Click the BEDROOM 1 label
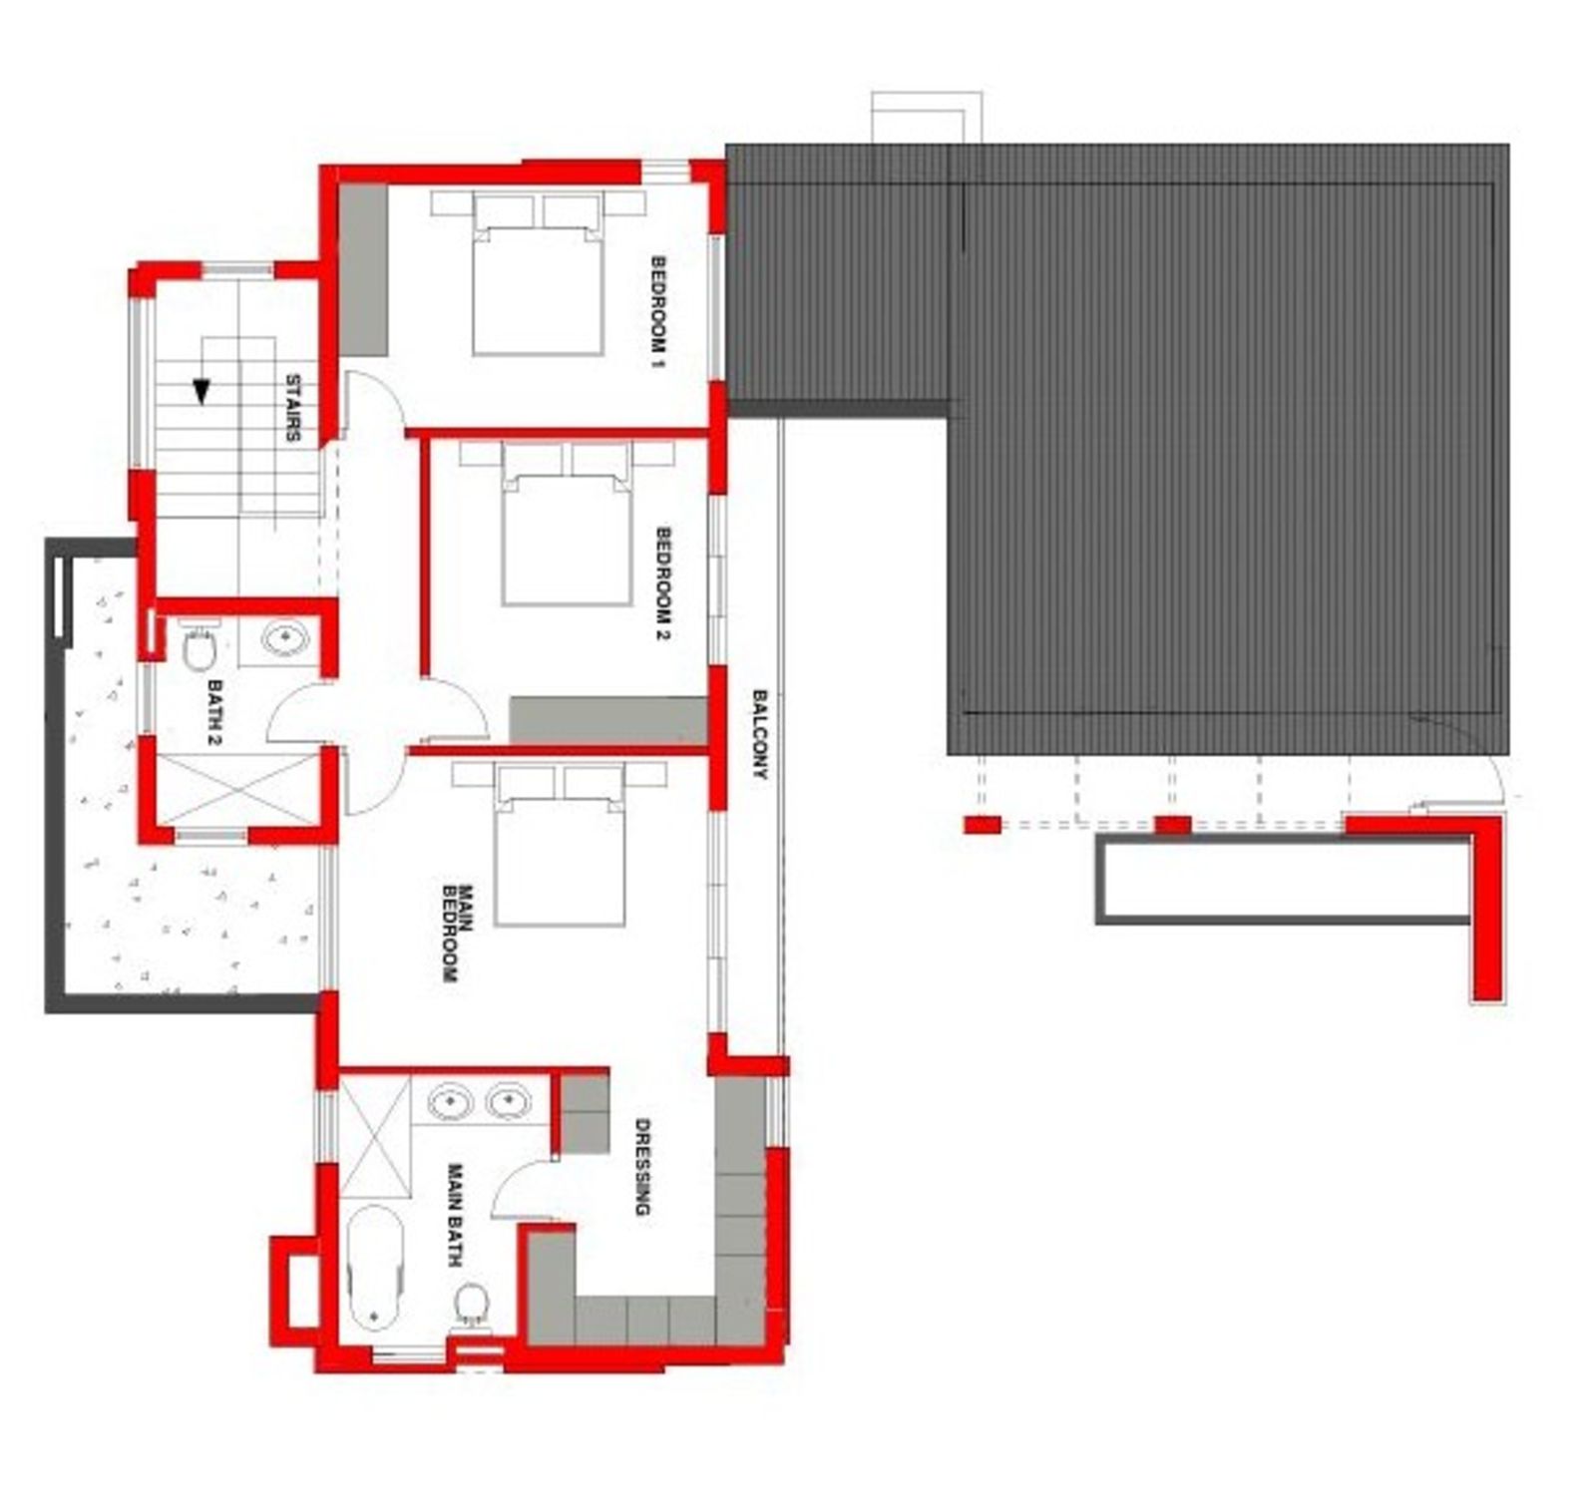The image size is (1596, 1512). [658, 312]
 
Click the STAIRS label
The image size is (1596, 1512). [293, 407]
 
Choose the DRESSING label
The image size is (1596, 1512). [642, 1167]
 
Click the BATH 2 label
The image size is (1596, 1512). [214, 712]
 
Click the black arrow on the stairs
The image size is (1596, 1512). [201, 392]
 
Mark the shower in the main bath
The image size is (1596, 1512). [375, 1137]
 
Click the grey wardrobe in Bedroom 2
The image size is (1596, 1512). [608, 719]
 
